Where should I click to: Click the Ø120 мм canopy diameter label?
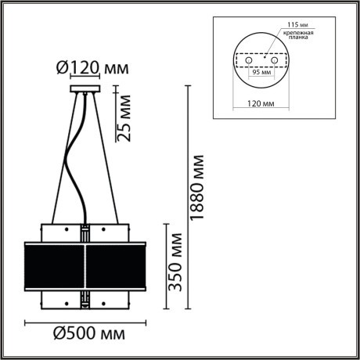click(x=92, y=68)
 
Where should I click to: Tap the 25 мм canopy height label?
click(x=122, y=117)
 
